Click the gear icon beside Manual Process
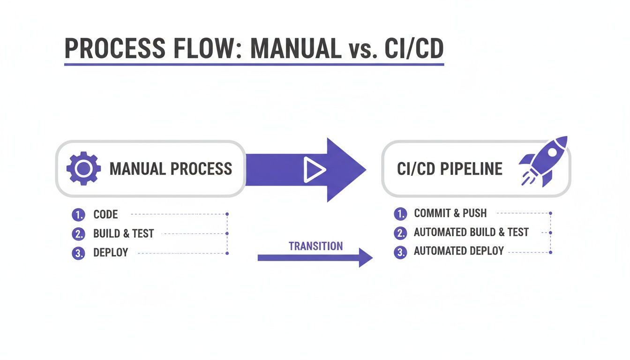tap(83, 168)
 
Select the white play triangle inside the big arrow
tap(314, 169)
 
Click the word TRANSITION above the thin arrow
tap(315, 246)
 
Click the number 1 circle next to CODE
tap(78, 215)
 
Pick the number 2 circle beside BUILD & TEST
tap(78, 233)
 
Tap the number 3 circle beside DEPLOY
tap(78, 253)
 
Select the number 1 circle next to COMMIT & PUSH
tap(399, 214)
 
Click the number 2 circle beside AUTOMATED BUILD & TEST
tap(399, 232)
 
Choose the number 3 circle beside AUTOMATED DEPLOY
tap(399, 252)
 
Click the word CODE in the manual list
tap(105, 215)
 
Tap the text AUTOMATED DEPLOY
tap(458, 251)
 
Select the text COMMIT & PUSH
tap(450, 214)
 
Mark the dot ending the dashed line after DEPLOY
tap(227, 253)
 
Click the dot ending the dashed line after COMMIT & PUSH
tap(550, 213)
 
